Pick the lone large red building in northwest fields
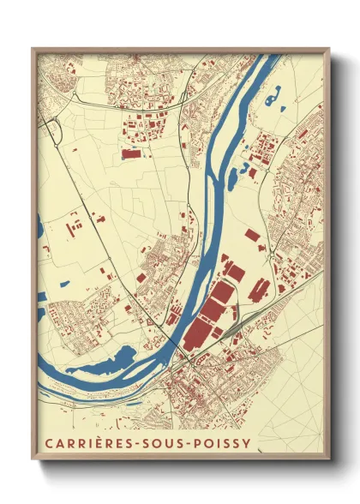(x=131, y=154)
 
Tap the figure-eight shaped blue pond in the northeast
(x=272, y=99)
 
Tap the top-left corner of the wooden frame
(x=33, y=49)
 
